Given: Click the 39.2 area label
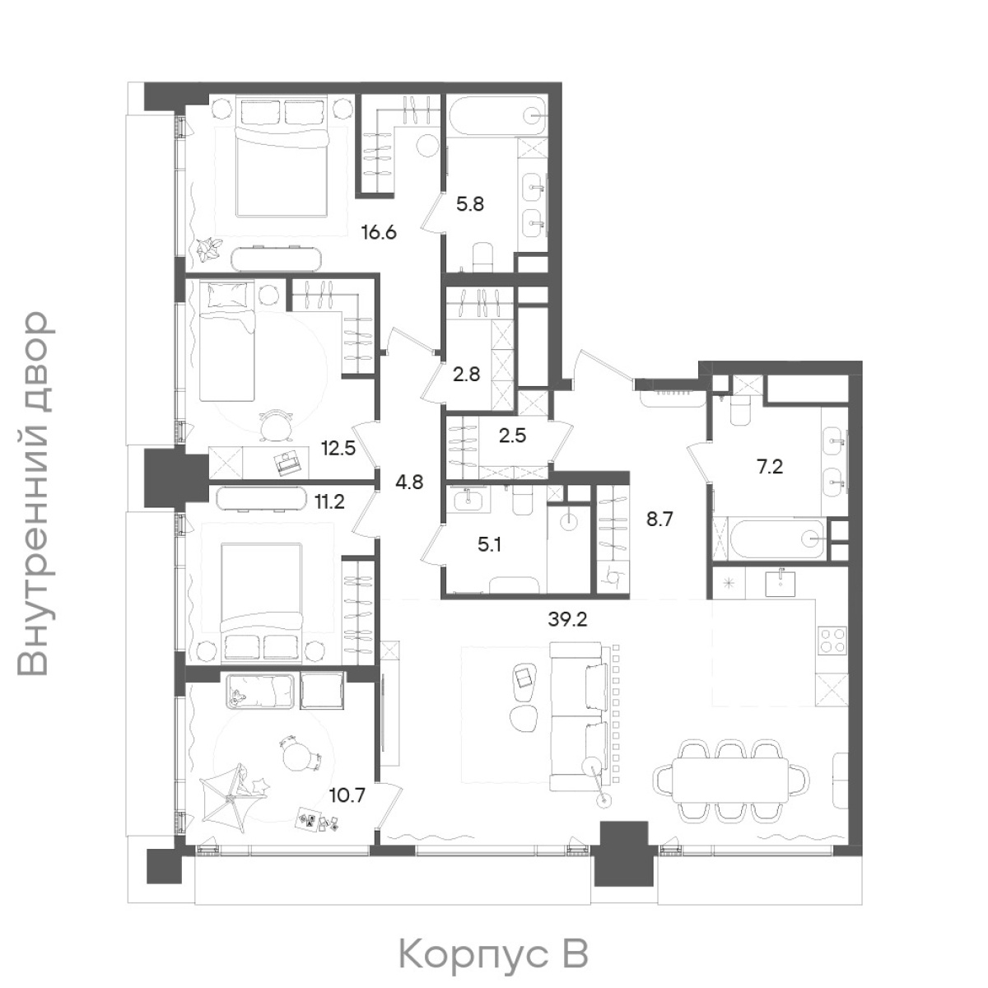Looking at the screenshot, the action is [567, 621].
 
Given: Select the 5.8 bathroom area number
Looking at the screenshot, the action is [470, 204].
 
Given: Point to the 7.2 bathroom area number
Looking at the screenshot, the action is [770, 467].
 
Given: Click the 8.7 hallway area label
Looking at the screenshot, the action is [659, 520].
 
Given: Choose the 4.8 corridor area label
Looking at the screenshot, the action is [410, 482].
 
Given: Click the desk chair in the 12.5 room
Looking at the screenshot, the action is [277, 424].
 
